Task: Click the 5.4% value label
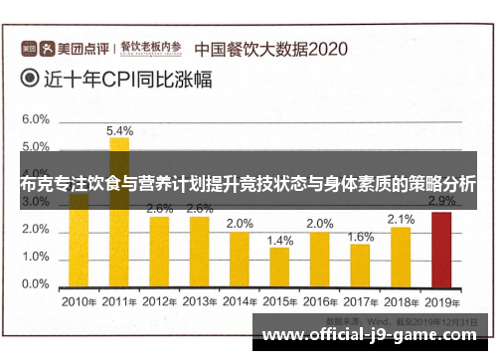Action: (119, 130)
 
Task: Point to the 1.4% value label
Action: (280, 240)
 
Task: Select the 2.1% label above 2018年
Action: (401, 219)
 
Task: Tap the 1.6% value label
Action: (361, 237)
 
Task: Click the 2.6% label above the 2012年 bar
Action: (159, 209)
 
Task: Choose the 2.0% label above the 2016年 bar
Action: (320, 223)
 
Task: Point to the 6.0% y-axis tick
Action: (36, 119)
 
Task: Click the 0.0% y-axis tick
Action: (36, 284)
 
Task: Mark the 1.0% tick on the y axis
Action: (36, 257)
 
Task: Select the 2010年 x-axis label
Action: (79, 301)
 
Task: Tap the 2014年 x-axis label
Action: (240, 301)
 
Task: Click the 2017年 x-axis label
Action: (361, 301)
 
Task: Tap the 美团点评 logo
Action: (65, 47)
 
